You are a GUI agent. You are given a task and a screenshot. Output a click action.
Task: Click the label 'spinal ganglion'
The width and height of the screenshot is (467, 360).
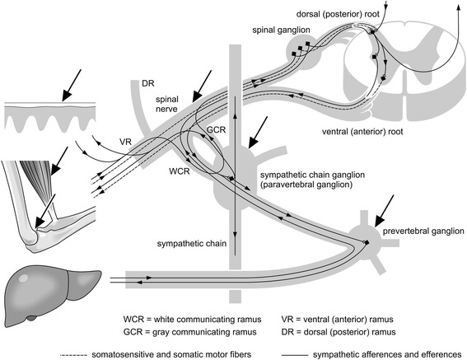tap(281, 30)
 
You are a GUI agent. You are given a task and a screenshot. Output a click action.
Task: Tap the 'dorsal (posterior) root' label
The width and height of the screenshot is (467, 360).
tap(338, 14)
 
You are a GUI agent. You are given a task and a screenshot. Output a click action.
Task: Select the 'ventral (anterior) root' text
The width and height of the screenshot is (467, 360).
tap(362, 132)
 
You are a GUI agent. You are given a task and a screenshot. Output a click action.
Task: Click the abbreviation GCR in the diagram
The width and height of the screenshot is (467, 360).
tap(217, 130)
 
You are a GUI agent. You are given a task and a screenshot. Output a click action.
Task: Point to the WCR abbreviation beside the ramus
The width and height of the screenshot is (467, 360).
tap(180, 171)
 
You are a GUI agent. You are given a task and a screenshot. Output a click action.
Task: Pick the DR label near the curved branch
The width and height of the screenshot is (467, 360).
tap(148, 83)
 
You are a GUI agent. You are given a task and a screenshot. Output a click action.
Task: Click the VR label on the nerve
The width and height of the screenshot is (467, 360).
tap(125, 142)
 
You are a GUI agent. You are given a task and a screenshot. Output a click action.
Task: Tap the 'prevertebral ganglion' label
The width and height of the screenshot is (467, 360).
tap(423, 231)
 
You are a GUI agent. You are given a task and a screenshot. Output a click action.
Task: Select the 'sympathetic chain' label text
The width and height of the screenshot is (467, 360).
tap(192, 244)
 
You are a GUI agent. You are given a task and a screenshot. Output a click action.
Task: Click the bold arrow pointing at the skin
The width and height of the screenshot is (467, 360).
tap(71, 86)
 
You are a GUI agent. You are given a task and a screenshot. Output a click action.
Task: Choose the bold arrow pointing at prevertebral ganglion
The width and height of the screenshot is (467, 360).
tap(384, 211)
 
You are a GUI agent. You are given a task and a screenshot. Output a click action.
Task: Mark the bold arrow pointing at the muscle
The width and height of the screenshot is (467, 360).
tap(59, 161)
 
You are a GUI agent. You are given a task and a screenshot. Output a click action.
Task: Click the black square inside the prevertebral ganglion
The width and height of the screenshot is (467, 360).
tap(367, 242)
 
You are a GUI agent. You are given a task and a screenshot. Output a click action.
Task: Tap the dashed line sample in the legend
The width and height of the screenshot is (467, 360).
tap(73, 355)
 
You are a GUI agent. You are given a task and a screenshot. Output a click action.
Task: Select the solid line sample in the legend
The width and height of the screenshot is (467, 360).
tap(295, 355)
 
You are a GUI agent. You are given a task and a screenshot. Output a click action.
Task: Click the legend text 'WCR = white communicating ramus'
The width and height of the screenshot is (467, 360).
tap(192, 320)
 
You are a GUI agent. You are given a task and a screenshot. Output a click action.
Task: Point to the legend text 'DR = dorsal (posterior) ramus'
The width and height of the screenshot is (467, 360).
tap(339, 332)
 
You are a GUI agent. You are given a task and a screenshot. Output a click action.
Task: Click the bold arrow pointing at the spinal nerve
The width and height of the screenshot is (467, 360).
tap(202, 86)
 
